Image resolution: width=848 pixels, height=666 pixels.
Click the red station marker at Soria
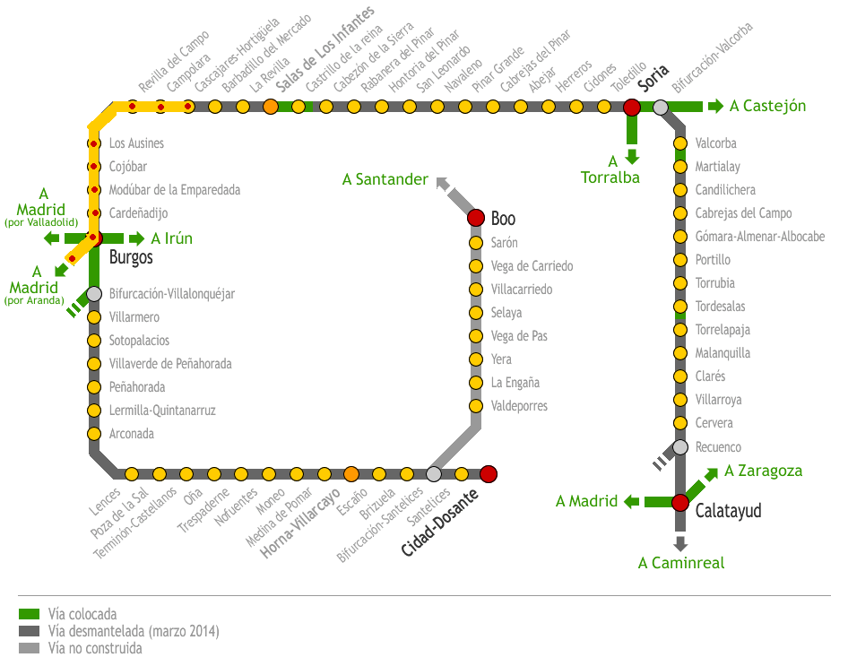[632, 108]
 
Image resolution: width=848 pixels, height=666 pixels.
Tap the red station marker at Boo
[476, 219]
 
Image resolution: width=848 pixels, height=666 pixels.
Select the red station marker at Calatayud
[680, 503]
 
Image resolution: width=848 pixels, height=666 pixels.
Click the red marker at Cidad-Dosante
[489, 474]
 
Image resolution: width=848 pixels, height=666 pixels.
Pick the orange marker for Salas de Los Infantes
[271, 108]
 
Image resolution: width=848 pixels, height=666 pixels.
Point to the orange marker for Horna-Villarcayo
[351, 474]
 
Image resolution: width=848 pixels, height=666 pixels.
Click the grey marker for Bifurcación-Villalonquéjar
[94, 293]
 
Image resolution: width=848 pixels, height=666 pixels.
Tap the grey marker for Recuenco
[680, 447]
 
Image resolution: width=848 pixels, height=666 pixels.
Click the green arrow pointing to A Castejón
[714, 107]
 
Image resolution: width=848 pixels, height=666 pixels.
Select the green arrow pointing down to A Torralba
[632, 156]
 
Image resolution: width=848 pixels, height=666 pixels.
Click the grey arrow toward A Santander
[442, 182]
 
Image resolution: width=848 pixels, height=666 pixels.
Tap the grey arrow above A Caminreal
[680, 542]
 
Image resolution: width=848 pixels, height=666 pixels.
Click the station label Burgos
[131, 258]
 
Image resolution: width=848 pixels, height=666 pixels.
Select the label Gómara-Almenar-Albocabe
[759, 237]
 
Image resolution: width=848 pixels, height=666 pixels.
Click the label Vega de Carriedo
[532, 266]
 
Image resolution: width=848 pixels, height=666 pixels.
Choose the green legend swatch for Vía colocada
[30, 615]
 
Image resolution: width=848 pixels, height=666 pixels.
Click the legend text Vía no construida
[95, 648]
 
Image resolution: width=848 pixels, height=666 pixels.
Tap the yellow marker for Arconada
[94, 434]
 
